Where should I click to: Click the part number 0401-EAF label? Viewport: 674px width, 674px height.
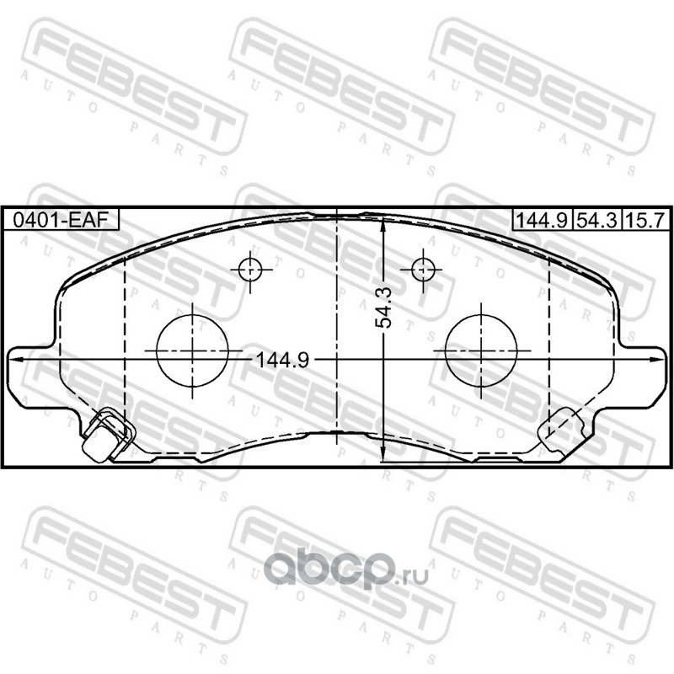(60, 220)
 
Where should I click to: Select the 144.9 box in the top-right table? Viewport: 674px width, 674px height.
(542, 220)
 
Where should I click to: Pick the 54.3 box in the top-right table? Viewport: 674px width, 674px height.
(596, 220)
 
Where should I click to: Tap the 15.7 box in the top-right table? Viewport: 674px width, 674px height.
(645, 220)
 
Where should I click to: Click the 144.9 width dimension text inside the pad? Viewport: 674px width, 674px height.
(282, 360)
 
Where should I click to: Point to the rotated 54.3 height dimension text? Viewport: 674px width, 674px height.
(383, 308)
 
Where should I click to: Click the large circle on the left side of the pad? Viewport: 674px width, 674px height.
(192, 350)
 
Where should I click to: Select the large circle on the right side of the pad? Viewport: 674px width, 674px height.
(481, 350)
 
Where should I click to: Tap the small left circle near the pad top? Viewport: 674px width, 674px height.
(250, 270)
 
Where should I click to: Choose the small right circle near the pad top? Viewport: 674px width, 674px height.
(423, 270)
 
